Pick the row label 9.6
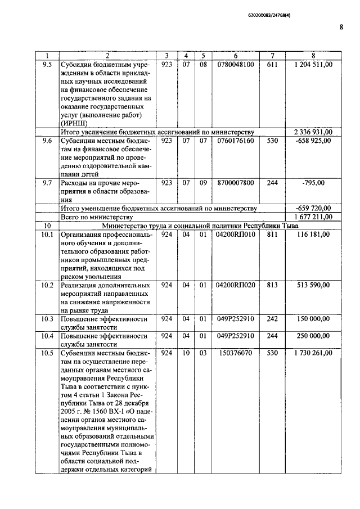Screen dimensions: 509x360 click(47, 141)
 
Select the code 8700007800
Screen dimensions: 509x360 click(235, 183)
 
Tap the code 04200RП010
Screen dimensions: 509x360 click(235, 234)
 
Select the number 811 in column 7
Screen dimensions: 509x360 click(272, 234)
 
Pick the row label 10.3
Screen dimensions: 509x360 click(47, 319)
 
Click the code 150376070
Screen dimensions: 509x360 click(235, 353)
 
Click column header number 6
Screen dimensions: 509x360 click(235, 56)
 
